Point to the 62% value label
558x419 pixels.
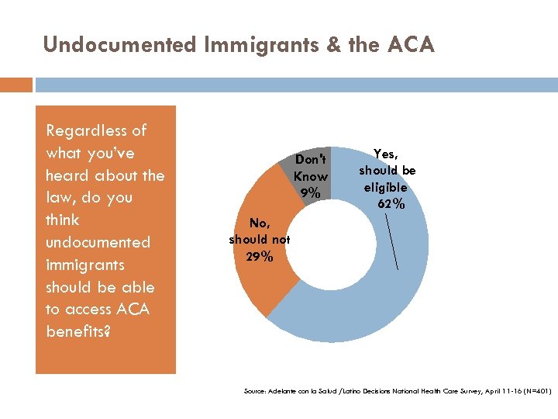tap(387, 205)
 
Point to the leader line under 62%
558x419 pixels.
tap(393, 241)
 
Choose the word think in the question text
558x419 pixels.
tap(64, 220)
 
